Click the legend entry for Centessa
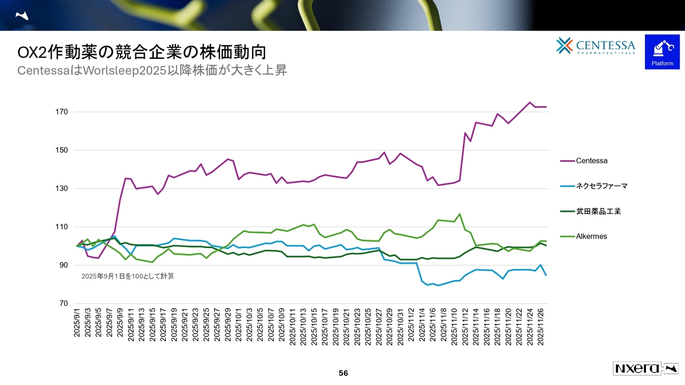click(591, 160)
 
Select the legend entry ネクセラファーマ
click(601, 186)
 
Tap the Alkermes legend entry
click(591, 236)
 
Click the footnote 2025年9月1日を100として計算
click(127, 276)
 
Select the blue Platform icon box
click(662, 52)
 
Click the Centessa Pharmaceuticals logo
click(596, 46)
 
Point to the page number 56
click(343, 373)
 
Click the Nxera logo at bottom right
click(644, 368)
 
